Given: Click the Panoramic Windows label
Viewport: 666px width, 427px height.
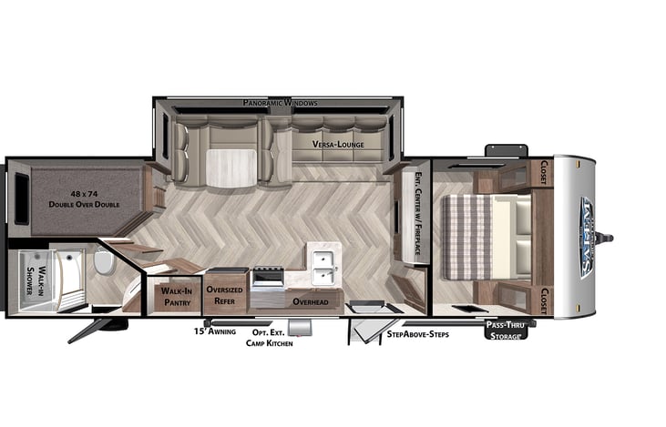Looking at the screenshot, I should pos(280,104).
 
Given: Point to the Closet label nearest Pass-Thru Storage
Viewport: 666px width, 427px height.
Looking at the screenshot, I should pos(545,299).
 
